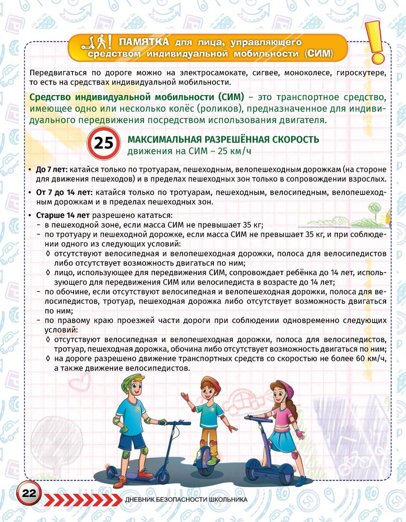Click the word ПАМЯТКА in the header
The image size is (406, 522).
click(x=144, y=42)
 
